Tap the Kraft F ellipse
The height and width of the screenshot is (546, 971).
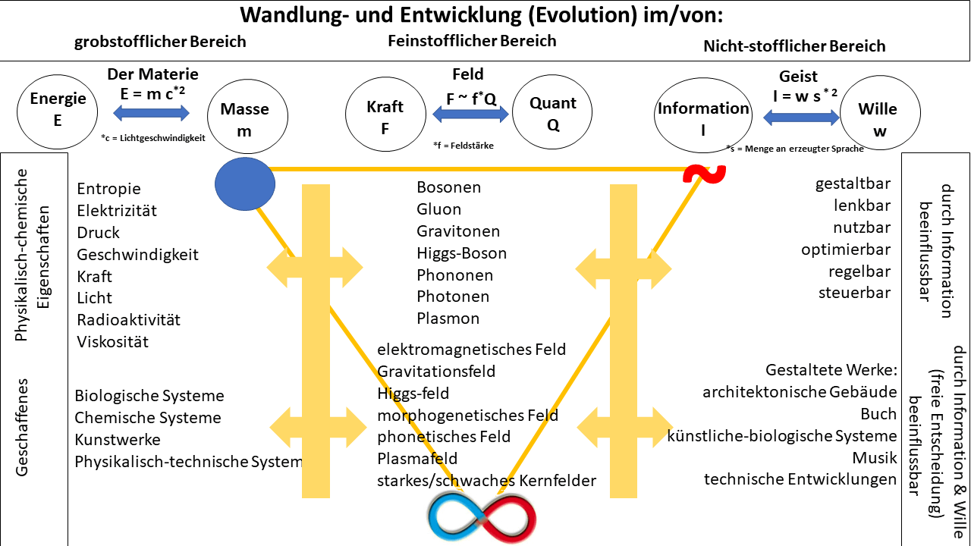pos(385,116)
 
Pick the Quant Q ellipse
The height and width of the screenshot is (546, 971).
pos(552,114)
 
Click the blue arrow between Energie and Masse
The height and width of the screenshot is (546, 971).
pos(152,113)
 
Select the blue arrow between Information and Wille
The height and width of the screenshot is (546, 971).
pos(801,118)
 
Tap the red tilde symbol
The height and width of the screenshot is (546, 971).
pos(704,174)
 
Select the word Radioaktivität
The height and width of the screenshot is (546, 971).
pos(128,320)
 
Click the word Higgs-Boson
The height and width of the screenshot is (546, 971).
pos(461,253)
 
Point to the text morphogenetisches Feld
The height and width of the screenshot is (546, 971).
pos(467,416)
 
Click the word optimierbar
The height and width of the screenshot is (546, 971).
pos(846,249)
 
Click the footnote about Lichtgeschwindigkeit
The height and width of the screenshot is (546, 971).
pos(152,138)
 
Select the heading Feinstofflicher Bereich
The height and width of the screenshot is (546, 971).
pos(472,40)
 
